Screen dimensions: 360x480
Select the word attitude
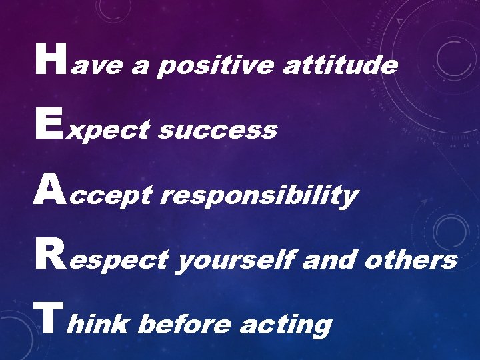point(340,65)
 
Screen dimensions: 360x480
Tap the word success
point(217,131)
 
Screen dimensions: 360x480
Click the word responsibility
point(260,196)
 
